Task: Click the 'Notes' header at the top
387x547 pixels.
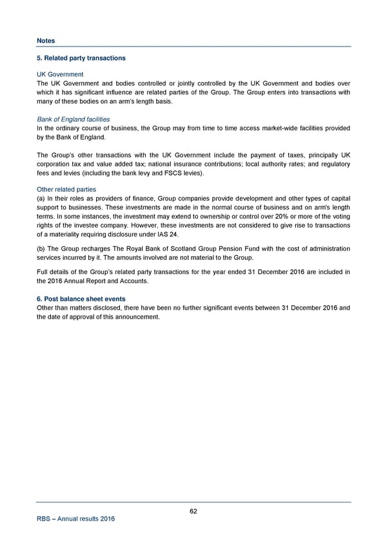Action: (46, 40)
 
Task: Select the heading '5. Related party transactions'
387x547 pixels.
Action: (81, 59)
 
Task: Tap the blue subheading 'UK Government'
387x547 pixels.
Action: (60, 74)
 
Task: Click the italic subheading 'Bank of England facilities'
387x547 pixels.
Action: (73, 119)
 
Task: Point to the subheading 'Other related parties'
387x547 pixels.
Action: (66, 190)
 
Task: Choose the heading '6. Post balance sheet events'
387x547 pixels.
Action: (81, 299)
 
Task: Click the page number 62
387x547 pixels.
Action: (193, 512)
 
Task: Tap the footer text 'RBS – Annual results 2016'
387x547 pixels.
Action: (75, 521)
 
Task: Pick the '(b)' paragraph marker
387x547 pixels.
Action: (41, 249)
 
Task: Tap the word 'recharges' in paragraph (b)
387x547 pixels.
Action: (99, 249)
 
